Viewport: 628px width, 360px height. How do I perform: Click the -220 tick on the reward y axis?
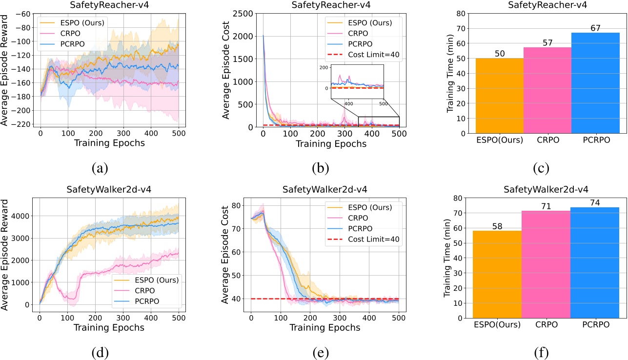(x=24, y=124)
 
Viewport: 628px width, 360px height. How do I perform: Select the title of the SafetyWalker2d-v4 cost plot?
(x=324, y=189)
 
